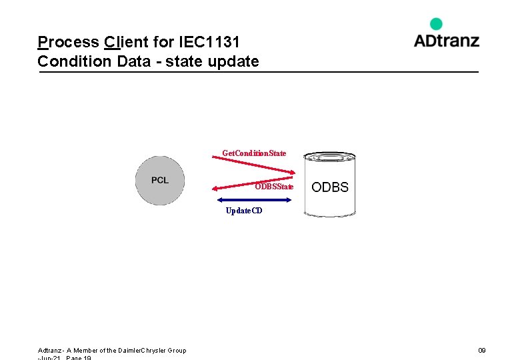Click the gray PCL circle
[x=160, y=181]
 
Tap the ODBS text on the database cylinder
[x=330, y=187]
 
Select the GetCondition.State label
[x=254, y=153]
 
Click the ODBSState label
[x=273, y=187]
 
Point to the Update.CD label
[x=243, y=211]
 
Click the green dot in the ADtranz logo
[x=436, y=24]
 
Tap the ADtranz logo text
[x=446, y=41]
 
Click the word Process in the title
[x=68, y=43]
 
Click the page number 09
[x=481, y=351]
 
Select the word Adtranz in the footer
[x=51, y=351]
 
